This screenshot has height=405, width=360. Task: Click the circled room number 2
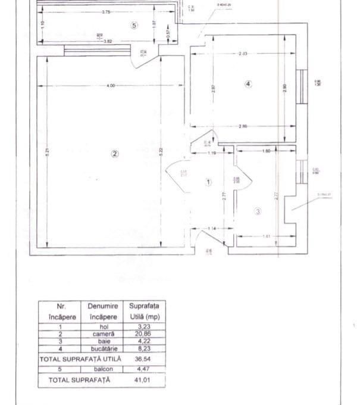115,154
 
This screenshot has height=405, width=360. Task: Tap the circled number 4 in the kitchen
248,84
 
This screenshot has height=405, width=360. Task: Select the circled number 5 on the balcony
134,25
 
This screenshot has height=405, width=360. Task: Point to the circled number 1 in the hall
208,182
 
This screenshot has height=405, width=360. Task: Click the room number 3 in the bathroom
258,211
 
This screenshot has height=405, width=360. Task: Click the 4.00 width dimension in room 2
111,86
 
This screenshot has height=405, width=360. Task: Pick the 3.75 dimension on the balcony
106,12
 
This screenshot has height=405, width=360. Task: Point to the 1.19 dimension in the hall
211,154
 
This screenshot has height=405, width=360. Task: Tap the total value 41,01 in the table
143,379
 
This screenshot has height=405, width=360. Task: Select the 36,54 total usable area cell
143,359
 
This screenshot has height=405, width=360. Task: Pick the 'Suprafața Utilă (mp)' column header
143,311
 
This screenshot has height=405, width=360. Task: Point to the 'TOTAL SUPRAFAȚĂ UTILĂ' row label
80,359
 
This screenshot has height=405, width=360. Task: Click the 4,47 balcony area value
143,369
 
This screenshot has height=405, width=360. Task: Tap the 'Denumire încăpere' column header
103,311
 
